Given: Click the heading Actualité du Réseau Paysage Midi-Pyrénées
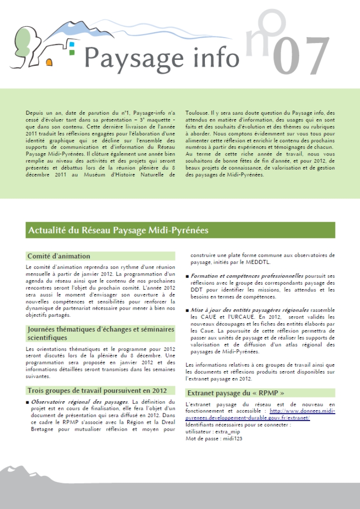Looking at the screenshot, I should (x=118, y=230).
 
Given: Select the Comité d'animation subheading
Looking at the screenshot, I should (x=59, y=256).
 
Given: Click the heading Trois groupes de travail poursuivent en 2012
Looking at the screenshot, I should (x=97, y=390).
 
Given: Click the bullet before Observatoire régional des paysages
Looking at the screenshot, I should (x=28, y=402).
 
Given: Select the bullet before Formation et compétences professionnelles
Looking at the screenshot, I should (x=188, y=276).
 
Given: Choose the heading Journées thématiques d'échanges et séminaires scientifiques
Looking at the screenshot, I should (x=101, y=333).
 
